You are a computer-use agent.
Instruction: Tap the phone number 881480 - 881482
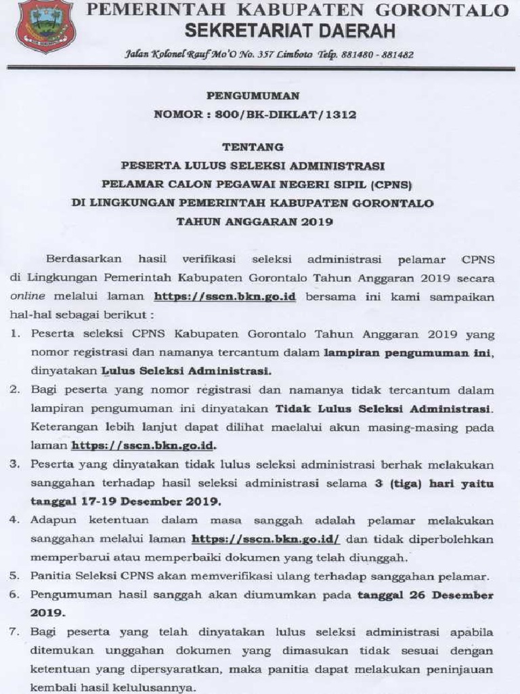381,54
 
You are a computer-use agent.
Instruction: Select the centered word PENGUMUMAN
261,96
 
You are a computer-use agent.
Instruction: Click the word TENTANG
261,146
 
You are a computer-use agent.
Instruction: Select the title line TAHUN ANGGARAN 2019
261,221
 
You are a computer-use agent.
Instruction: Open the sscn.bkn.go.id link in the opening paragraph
225,296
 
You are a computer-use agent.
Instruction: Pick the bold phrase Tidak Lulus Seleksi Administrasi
381,409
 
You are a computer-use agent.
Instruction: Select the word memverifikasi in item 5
211,576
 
